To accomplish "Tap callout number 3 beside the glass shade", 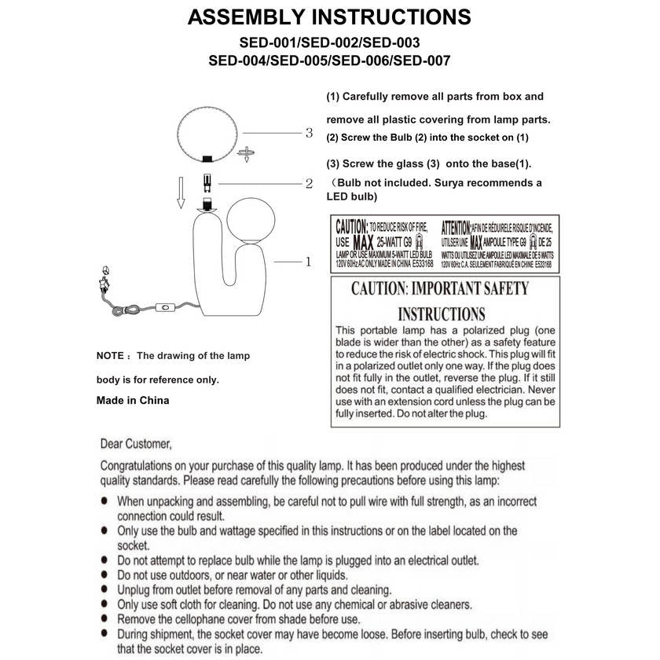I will pyautogui.click(x=309, y=133).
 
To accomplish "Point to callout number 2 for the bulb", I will pyautogui.click(x=309, y=184).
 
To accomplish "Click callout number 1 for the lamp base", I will pyautogui.click(x=308, y=262).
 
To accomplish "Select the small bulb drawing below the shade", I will pyautogui.click(x=208, y=183).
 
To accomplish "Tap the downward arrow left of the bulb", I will pyautogui.click(x=180, y=192).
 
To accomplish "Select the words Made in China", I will pyautogui.click(x=132, y=400).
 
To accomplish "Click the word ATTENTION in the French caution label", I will pyautogui.click(x=456, y=226).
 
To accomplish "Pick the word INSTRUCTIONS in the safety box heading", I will pyautogui.click(x=441, y=313).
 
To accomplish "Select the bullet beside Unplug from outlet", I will pyautogui.click(x=105, y=590).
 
